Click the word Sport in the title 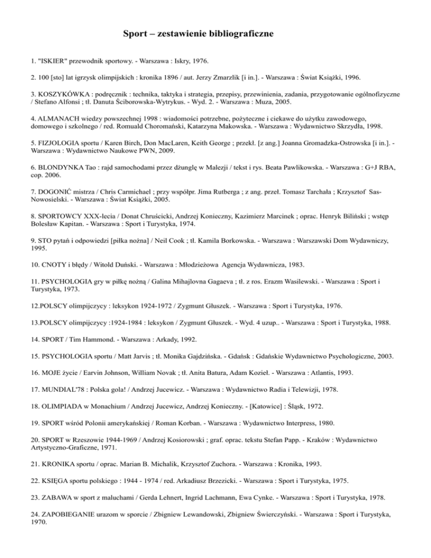coord(136,34)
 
